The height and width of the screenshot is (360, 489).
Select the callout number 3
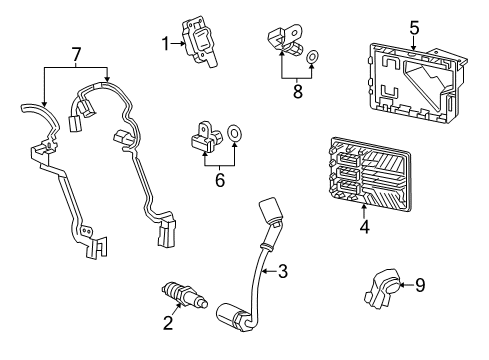click(284, 270)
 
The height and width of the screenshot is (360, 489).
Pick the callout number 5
click(413, 28)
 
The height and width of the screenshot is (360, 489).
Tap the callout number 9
click(421, 285)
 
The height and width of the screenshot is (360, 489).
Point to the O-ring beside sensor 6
click(235, 131)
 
